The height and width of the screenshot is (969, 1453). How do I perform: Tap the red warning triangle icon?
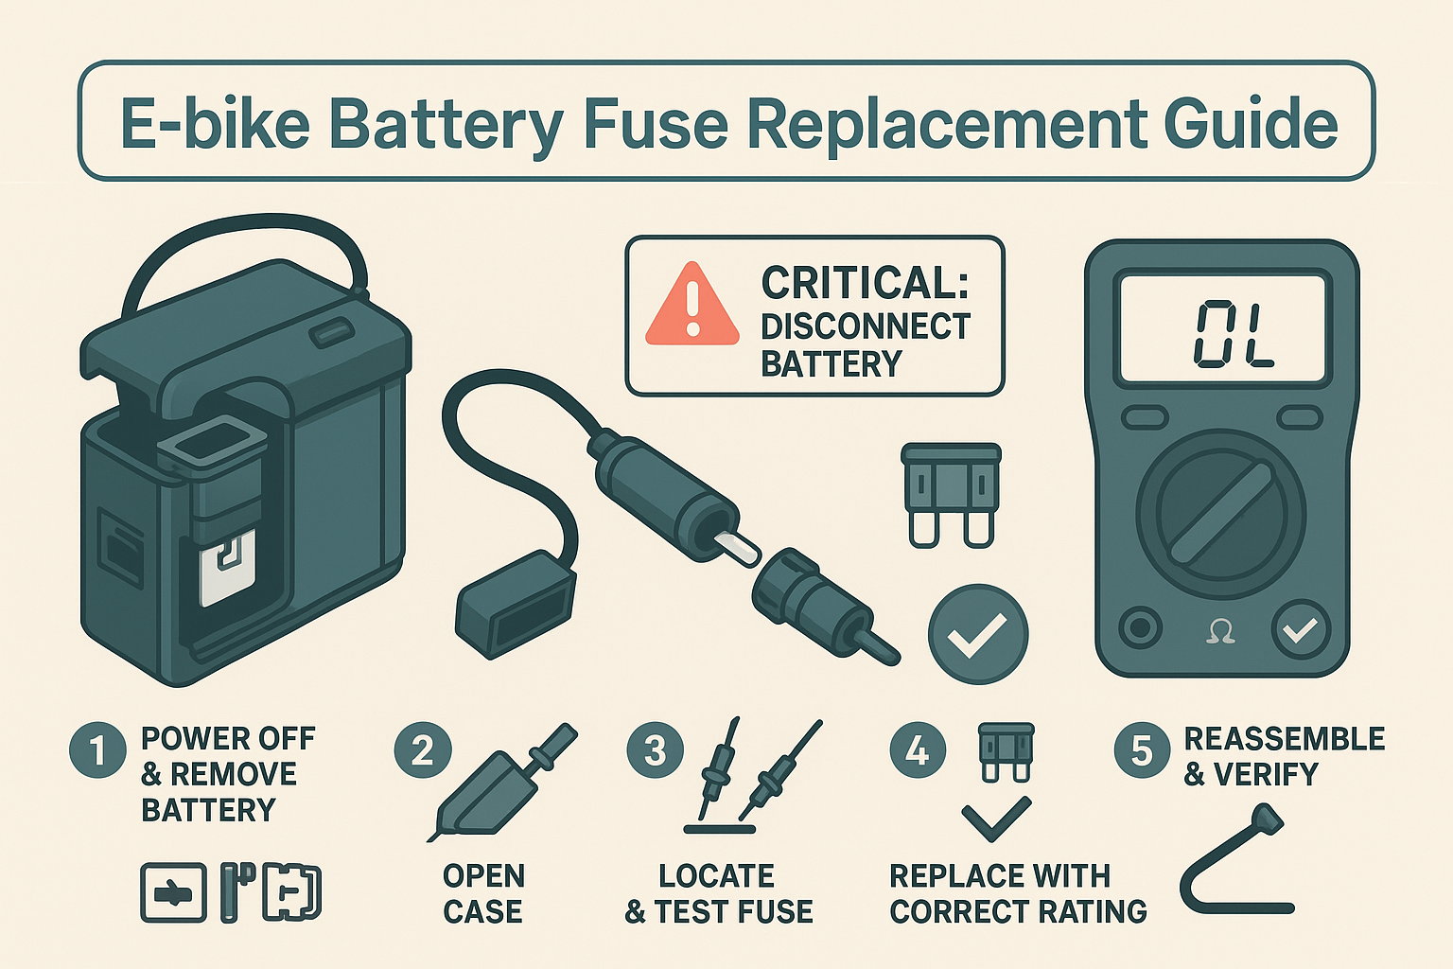point(692,304)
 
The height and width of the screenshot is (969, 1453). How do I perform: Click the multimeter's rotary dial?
point(1221,513)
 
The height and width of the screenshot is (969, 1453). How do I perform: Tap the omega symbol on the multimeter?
point(1220,631)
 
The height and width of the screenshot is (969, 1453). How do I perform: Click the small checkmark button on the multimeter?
point(1301,629)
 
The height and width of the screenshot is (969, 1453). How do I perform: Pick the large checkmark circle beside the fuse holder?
point(978,634)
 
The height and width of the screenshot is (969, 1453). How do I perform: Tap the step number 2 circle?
point(423,750)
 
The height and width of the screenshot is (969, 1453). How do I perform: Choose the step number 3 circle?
point(656,750)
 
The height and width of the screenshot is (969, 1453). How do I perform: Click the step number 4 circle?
point(918,750)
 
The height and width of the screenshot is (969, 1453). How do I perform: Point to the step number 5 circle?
point(1143,750)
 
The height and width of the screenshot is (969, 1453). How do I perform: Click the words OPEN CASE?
point(483,893)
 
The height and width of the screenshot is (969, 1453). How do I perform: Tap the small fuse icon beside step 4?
point(1007,753)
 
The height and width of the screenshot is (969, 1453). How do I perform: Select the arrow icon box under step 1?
point(173,892)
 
